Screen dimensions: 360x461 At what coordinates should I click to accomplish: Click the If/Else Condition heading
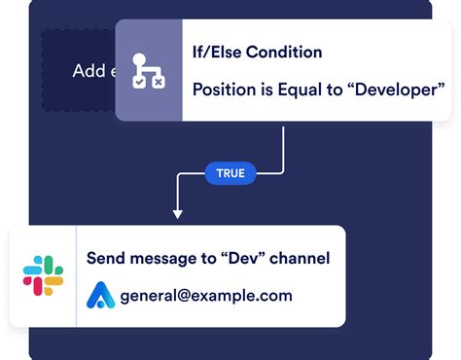257,53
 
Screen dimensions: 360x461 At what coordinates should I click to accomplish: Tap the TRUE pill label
230,174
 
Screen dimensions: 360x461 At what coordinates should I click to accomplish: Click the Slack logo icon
43,276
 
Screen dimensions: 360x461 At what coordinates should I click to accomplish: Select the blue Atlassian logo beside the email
100,295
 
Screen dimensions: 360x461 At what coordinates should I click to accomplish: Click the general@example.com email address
206,295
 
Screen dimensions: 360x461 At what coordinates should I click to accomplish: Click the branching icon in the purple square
149,71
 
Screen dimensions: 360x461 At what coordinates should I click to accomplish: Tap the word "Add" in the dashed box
89,71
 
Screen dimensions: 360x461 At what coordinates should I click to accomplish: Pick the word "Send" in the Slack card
106,258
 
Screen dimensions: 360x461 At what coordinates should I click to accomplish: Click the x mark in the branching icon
158,82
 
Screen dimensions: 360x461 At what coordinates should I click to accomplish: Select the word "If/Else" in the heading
216,53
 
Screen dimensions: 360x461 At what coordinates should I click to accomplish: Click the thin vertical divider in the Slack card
76,276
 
